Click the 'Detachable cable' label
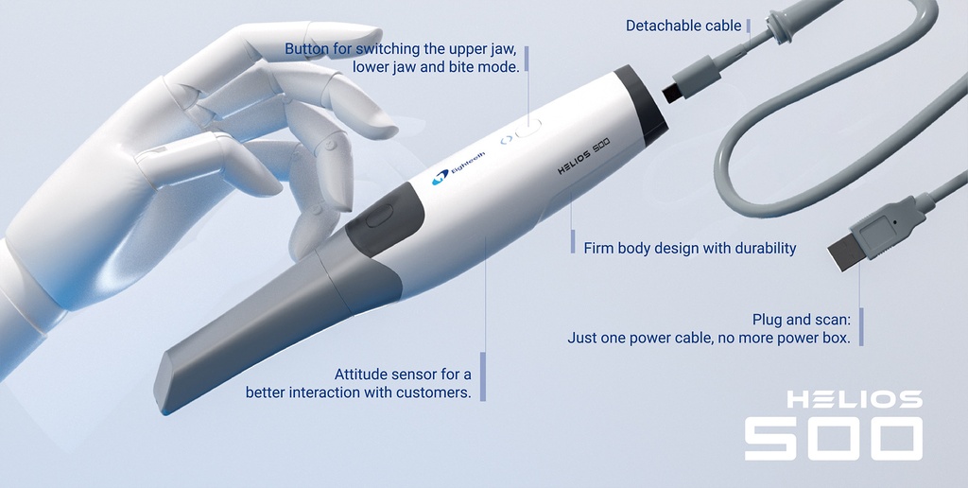pos(683,26)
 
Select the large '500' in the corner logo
pos(833,438)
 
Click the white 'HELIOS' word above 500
pos(854,399)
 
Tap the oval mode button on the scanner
pos(528,128)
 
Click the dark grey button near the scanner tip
pos(377,217)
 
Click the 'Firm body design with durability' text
pos(690,249)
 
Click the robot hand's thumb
pos(217,161)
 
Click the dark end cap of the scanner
pos(642,105)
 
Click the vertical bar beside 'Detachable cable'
pos(749,26)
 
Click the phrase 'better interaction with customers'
pos(358,392)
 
